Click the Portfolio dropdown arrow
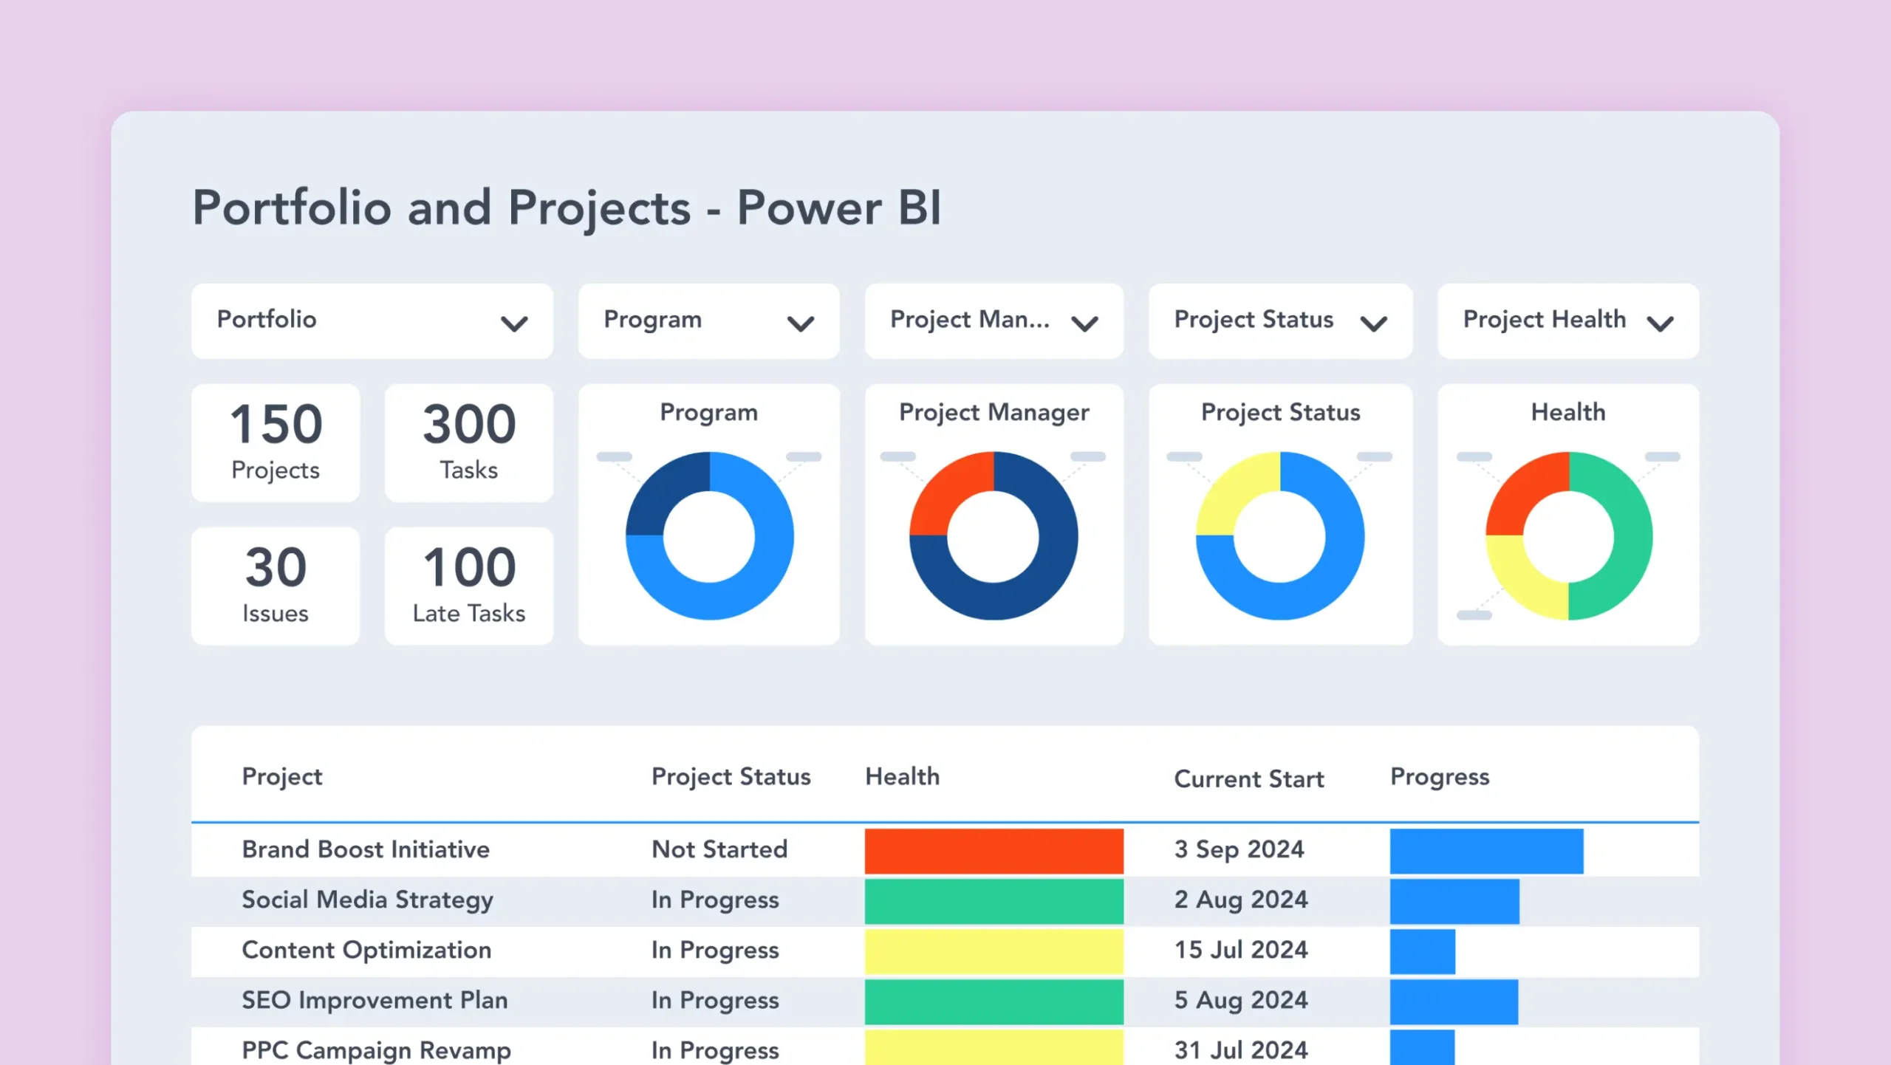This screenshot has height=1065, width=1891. pos(514,323)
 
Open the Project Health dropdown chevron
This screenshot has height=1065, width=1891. pos(1660,323)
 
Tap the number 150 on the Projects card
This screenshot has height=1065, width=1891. pos(276,424)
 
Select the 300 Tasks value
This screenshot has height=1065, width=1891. pos(469,424)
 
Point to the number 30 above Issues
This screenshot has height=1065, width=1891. pos(276,567)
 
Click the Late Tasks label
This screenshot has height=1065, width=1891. pos(469,613)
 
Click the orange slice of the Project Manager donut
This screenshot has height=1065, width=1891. pos(945,491)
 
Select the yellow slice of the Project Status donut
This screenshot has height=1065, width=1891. pos(1232,491)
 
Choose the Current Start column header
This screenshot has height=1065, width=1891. pos(1249,778)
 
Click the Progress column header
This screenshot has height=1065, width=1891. pos(1440,776)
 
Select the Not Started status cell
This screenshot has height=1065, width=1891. pos(719,849)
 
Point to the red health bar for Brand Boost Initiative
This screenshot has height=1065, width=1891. pos(994,851)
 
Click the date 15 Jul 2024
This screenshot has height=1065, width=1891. pos(1241,950)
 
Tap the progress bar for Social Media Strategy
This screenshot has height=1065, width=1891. pos(1454,901)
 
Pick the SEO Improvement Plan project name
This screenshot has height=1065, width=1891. pos(375,1000)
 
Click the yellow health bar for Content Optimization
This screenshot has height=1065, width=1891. pos(994,951)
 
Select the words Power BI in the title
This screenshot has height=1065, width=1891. pos(838,208)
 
